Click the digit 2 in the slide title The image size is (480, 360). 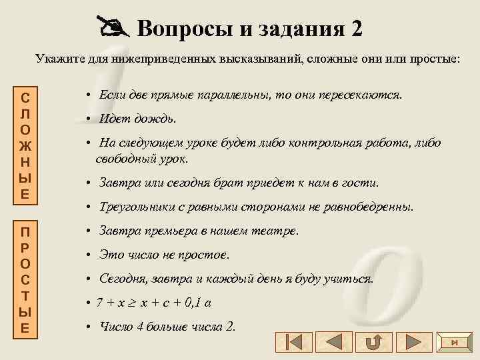pos(355,28)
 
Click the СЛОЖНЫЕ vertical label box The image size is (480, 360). pos(24,143)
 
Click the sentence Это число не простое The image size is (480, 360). pos(164,255)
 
